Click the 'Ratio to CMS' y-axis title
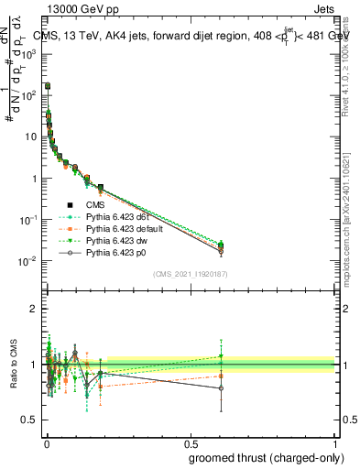[12, 364]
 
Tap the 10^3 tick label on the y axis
[30, 54]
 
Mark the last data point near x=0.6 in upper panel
[221, 245]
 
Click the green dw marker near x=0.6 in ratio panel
[221, 356]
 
